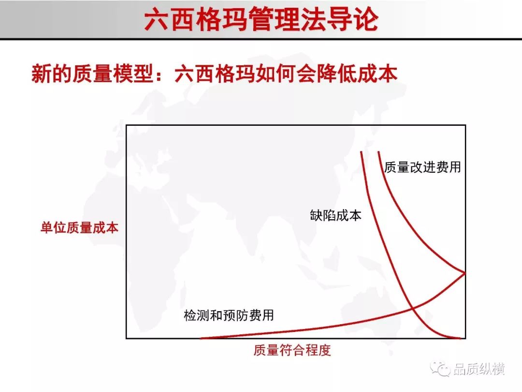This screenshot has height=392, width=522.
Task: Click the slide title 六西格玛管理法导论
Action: click(261, 19)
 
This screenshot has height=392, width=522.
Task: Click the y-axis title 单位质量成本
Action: click(80, 227)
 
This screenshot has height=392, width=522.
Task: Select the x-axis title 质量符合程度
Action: click(292, 350)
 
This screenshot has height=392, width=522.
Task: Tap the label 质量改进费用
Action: click(423, 167)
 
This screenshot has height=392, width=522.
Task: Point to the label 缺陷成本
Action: click(335, 215)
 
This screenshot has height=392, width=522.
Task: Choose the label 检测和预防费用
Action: click(229, 315)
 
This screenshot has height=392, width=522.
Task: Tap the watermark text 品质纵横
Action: click(478, 369)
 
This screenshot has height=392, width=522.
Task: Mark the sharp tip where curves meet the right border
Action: click(465, 273)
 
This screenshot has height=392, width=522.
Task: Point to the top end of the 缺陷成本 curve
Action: click(362, 152)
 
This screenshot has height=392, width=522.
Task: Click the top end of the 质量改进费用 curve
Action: click(379, 152)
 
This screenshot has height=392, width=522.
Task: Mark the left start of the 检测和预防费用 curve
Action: click(201, 338)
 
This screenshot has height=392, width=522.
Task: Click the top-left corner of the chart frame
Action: click(127, 125)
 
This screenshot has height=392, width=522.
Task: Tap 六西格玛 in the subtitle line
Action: click(215, 74)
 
